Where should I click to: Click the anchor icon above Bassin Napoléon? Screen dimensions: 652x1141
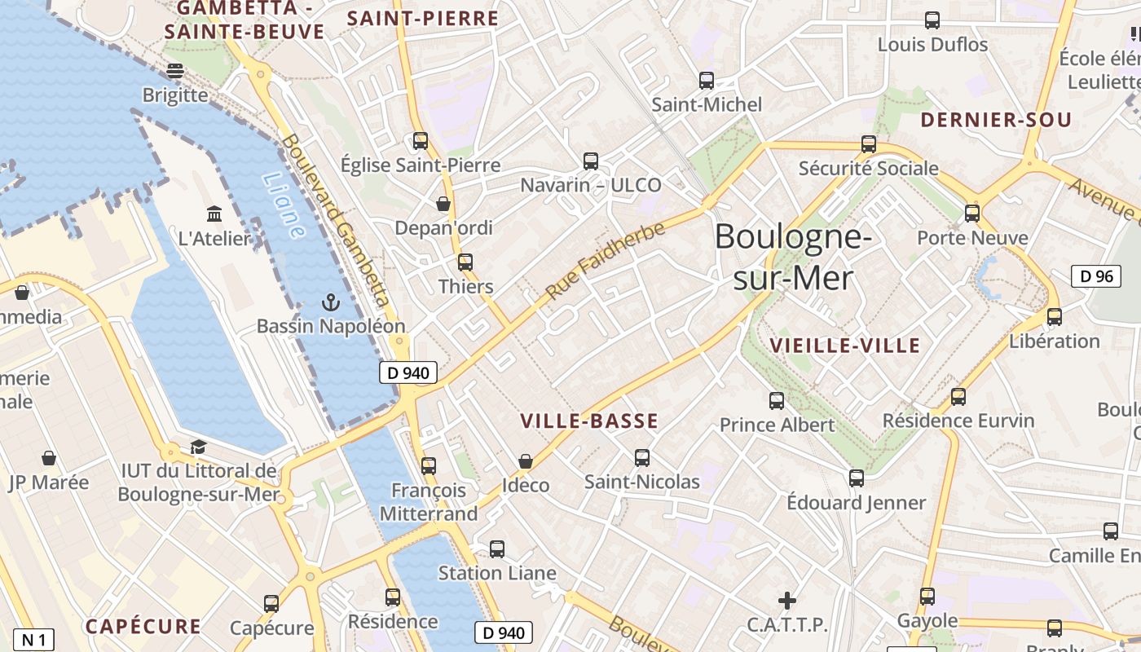(330, 303)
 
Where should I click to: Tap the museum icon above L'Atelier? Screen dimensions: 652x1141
(214, 214)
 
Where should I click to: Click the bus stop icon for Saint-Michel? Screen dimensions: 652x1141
(707, 81)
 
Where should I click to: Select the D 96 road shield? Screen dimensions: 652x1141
(1095, 276)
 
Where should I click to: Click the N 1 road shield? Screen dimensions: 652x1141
(33, 640)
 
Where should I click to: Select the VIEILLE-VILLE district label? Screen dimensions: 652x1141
(844, 346)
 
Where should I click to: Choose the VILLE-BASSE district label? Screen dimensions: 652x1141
(588, 421)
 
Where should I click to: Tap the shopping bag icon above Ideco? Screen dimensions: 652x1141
(526, 461)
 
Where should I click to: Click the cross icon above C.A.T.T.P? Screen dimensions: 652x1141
(786, 601)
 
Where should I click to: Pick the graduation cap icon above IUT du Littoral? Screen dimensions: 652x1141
(198, 447)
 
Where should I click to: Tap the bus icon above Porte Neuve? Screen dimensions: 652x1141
(971, 214)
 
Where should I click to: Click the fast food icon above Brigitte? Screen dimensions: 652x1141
(174, 71)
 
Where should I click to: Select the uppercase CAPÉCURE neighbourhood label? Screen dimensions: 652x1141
(143, 627)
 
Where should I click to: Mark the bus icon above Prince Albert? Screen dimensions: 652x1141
(777, 400)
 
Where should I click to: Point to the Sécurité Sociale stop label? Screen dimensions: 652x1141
(868, 169)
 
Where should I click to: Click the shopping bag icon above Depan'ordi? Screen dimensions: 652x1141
(443, 203)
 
